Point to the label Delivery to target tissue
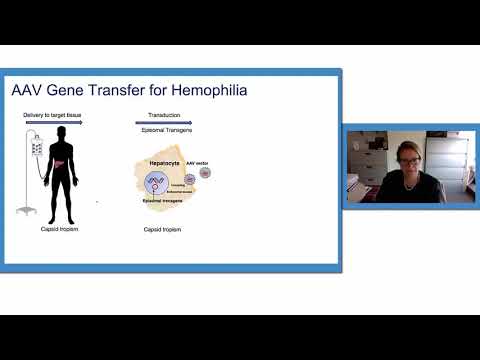click(x=52, y=116)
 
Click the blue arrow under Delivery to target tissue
click(x=52, y=124)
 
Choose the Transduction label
click(x=164, y=116)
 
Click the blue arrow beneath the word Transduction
click(x=165, y=124)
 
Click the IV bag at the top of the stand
click(x=37, y=147)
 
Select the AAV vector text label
click(x=197, y=163)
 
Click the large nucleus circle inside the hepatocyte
click(x=157, y=183)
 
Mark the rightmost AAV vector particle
click(x=205, y=173)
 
